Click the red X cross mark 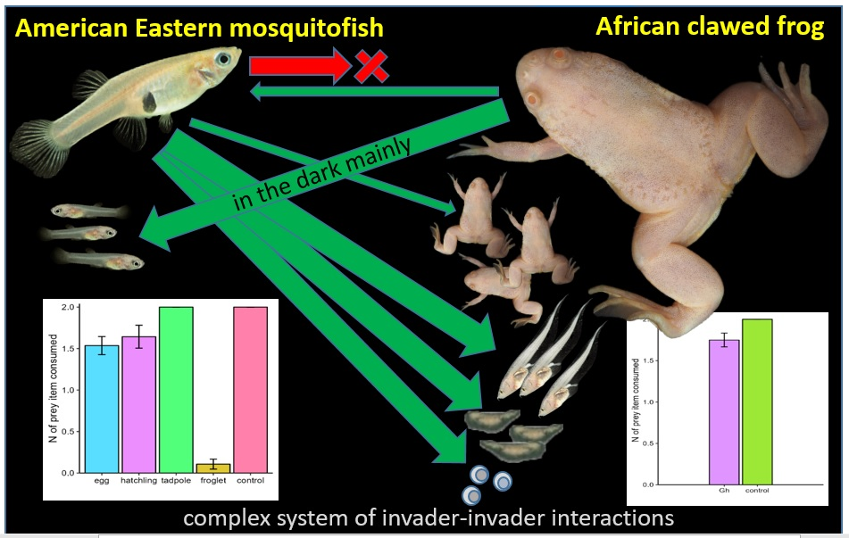pos(371,67)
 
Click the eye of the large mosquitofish pos(222,59)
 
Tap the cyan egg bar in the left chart pos(102,410)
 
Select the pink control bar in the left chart pos(251,390)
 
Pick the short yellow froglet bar pos(213,468)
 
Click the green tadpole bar pos(176,390)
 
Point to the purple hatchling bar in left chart pos(139,405)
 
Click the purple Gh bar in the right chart pos(725,412)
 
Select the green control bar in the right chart pos(757,402)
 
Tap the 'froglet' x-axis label pos(213,481)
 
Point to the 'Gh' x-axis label pos(725,491)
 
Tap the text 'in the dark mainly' pos(321,174)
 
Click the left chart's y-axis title pos(53,388)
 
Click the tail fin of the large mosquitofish pos(37,148)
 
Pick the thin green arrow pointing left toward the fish pos(374,92)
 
